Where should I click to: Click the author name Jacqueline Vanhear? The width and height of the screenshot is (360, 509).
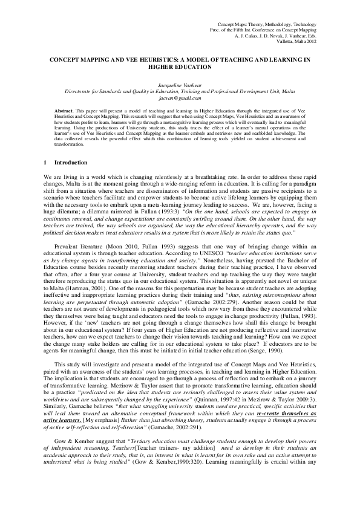click(180, 86)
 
